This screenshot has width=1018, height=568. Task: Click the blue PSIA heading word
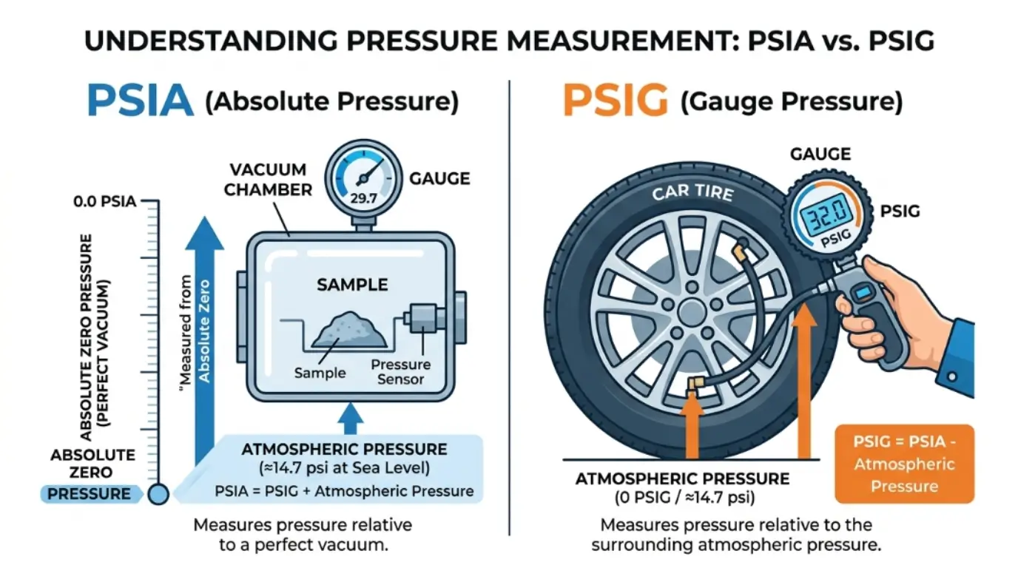(x=140, y=101)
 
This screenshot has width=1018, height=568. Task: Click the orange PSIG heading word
(x=615, y=101)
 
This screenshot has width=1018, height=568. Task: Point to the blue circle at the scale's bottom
(x=158, y=494)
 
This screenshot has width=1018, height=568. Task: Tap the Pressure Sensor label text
(x=400, y=371)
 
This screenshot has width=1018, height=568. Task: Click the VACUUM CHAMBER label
(x=269, y=180)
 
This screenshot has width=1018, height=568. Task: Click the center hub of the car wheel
(x=690, y=308)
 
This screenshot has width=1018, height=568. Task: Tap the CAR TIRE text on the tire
(x=692, y=193)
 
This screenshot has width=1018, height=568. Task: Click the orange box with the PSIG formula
(x=903, y=464)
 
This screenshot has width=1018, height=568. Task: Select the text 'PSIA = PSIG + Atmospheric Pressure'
(x=344, y=491)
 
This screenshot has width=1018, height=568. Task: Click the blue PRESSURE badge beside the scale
(x=90, y=494)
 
